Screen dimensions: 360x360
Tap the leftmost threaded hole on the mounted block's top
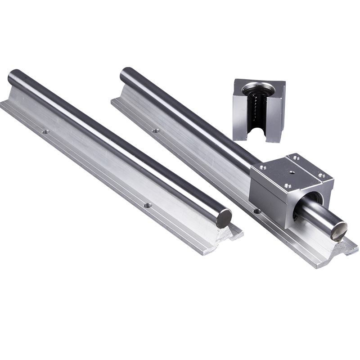[x=263, y=167]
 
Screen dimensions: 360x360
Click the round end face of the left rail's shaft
[x=224, y=219]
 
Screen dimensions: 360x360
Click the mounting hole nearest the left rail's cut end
[x=147, y=205]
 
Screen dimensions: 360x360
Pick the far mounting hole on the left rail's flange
[x=45, y=132]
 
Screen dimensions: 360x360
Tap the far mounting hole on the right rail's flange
[x=156, y=130]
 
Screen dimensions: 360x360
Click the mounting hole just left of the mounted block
[x=256, y=211]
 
